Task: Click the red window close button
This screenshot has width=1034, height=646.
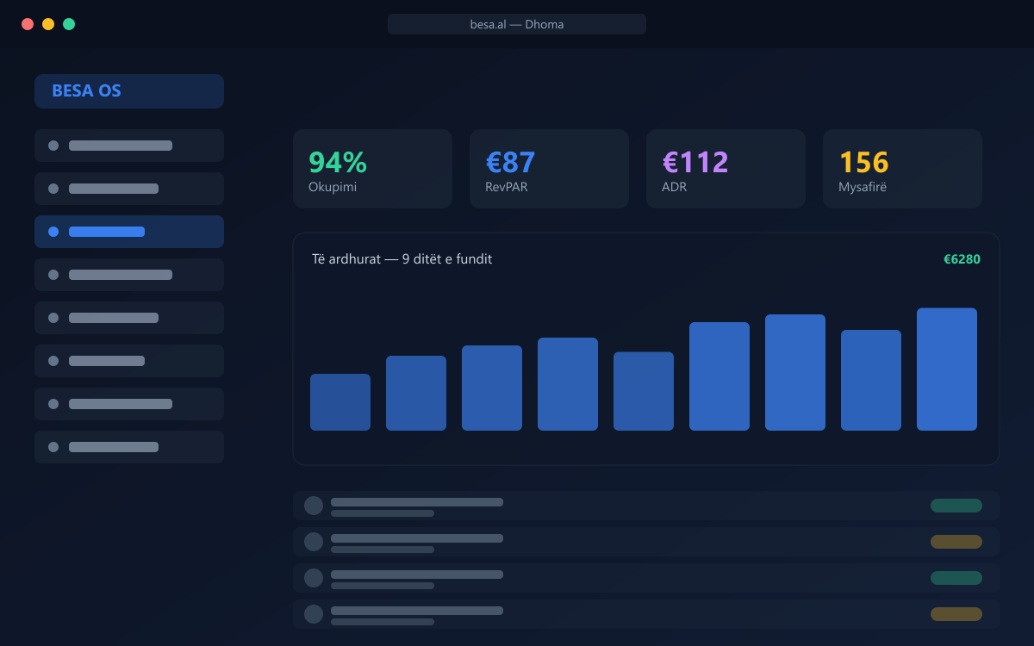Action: pos(28,24)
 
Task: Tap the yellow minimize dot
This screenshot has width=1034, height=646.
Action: pos(48,24)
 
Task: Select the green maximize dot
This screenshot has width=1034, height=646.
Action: pos(69,24)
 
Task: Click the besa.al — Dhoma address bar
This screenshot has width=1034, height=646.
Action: pos(516,24)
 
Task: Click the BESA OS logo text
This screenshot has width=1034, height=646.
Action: pos(86,91)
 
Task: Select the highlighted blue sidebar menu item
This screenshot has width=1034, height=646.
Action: pos(129,232)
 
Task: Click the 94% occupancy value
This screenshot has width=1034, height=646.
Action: pos(338,163)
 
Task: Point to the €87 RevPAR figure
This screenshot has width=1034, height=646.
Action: pos(510,163)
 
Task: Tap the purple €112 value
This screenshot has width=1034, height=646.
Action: pos(695,163)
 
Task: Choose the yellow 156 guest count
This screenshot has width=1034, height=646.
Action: pos(863,163)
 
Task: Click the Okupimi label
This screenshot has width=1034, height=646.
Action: pos(333,187)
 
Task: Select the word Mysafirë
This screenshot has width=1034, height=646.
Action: pos(863,187)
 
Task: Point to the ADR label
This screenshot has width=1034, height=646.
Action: pos(674,187)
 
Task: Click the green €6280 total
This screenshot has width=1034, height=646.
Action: pos(962,259)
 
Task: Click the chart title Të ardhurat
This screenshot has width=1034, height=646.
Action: pos(346,259)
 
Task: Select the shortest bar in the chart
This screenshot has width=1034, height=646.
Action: pos(340,402)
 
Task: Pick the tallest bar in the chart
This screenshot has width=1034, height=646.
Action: pos(947,370)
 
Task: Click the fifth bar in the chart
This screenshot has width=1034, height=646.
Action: pos(644,391)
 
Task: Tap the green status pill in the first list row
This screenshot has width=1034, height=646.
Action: pos(956,506)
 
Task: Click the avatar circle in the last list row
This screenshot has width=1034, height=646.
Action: pos(314,614)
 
